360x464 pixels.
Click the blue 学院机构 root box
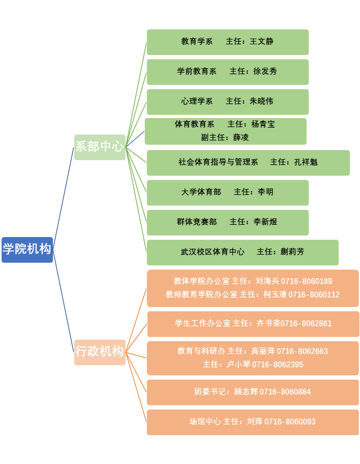(27, 249)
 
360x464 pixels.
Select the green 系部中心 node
(99, 147)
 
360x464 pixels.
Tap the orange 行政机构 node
(99, 352)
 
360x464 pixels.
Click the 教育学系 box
(228, 42)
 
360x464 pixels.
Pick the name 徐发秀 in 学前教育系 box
(265, 72)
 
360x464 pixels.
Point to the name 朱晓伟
(261, 101)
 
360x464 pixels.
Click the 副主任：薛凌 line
(225, 137)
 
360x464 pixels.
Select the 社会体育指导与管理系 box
(248, 162)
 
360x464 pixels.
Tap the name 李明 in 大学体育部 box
(265, 192)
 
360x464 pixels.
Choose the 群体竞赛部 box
(228, 222)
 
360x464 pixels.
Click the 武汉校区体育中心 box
(242, 252)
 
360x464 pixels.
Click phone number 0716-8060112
(314, 295)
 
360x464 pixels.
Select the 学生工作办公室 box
(253, 324)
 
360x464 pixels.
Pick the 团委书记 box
(253, 392)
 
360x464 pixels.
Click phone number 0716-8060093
(289, 422)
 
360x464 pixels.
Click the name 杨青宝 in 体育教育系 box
(263, 124)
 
